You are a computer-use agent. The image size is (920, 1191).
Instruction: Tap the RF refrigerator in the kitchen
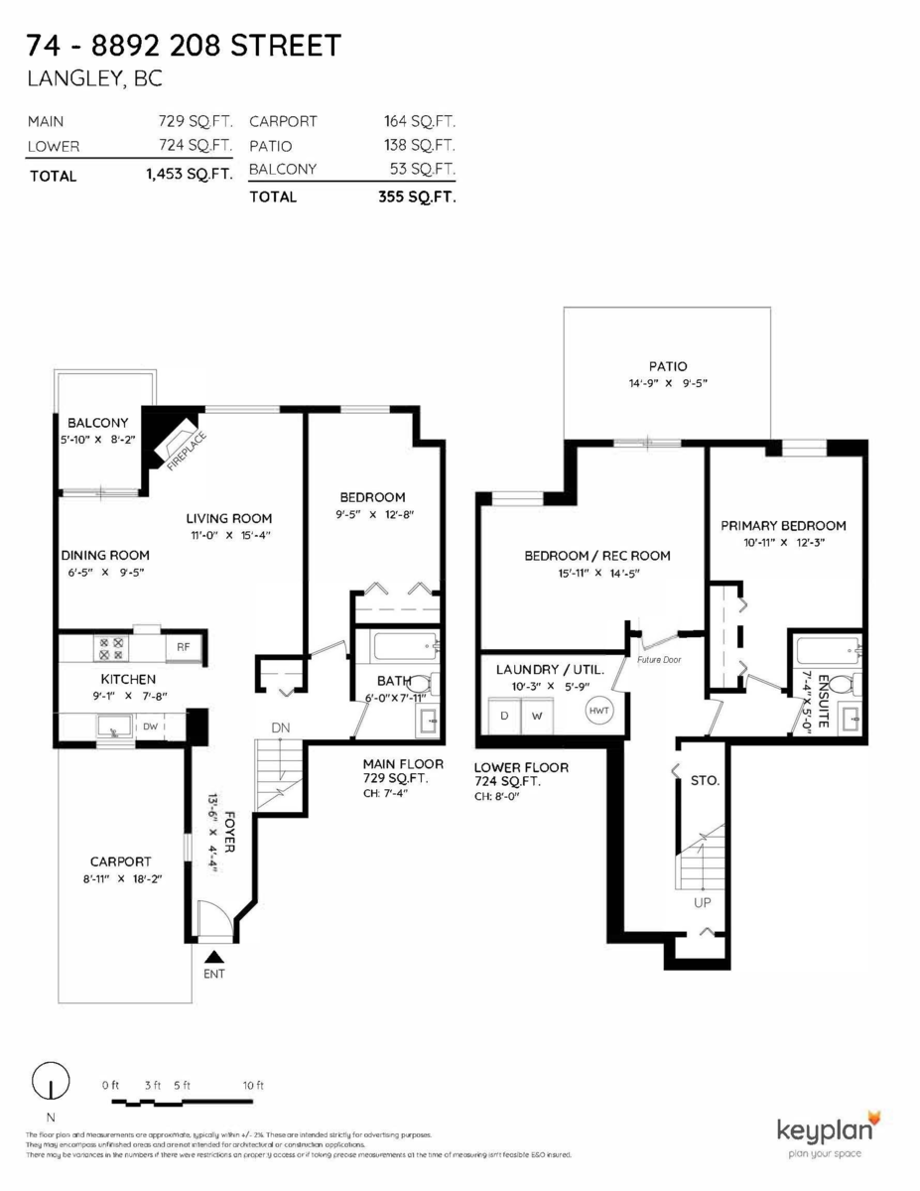tap(184, 647)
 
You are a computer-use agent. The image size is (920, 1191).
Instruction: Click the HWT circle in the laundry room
tap(599, 711)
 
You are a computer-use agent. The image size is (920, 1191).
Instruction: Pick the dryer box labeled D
tap(504, 715)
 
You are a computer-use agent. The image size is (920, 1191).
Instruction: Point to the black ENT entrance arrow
tap(213, 957)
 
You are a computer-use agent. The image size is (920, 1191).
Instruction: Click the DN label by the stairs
tap(281, 728)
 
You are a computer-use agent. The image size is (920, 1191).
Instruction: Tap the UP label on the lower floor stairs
tap(703, 903)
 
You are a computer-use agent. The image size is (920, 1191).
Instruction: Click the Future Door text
tap(659, 659)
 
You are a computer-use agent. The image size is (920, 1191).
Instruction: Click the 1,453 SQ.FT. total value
tap(189, 176)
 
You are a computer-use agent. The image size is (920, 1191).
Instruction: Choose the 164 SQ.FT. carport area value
tap(419, 121)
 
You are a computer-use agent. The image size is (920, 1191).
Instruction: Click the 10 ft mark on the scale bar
tap(253, 1086)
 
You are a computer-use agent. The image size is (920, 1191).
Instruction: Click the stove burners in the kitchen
tap(109, 648)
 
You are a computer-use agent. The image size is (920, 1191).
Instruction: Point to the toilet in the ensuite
tap(841, 684)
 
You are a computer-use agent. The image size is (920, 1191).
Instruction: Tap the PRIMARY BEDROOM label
tap(783, 526)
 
